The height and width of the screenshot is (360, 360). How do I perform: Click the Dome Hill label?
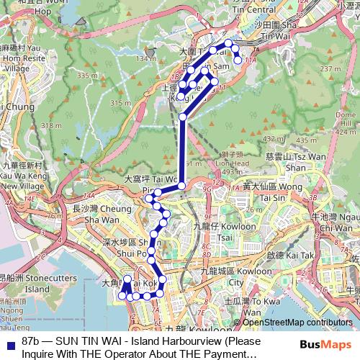345,120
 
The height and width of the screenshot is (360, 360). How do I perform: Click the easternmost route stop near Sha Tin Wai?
238,60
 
